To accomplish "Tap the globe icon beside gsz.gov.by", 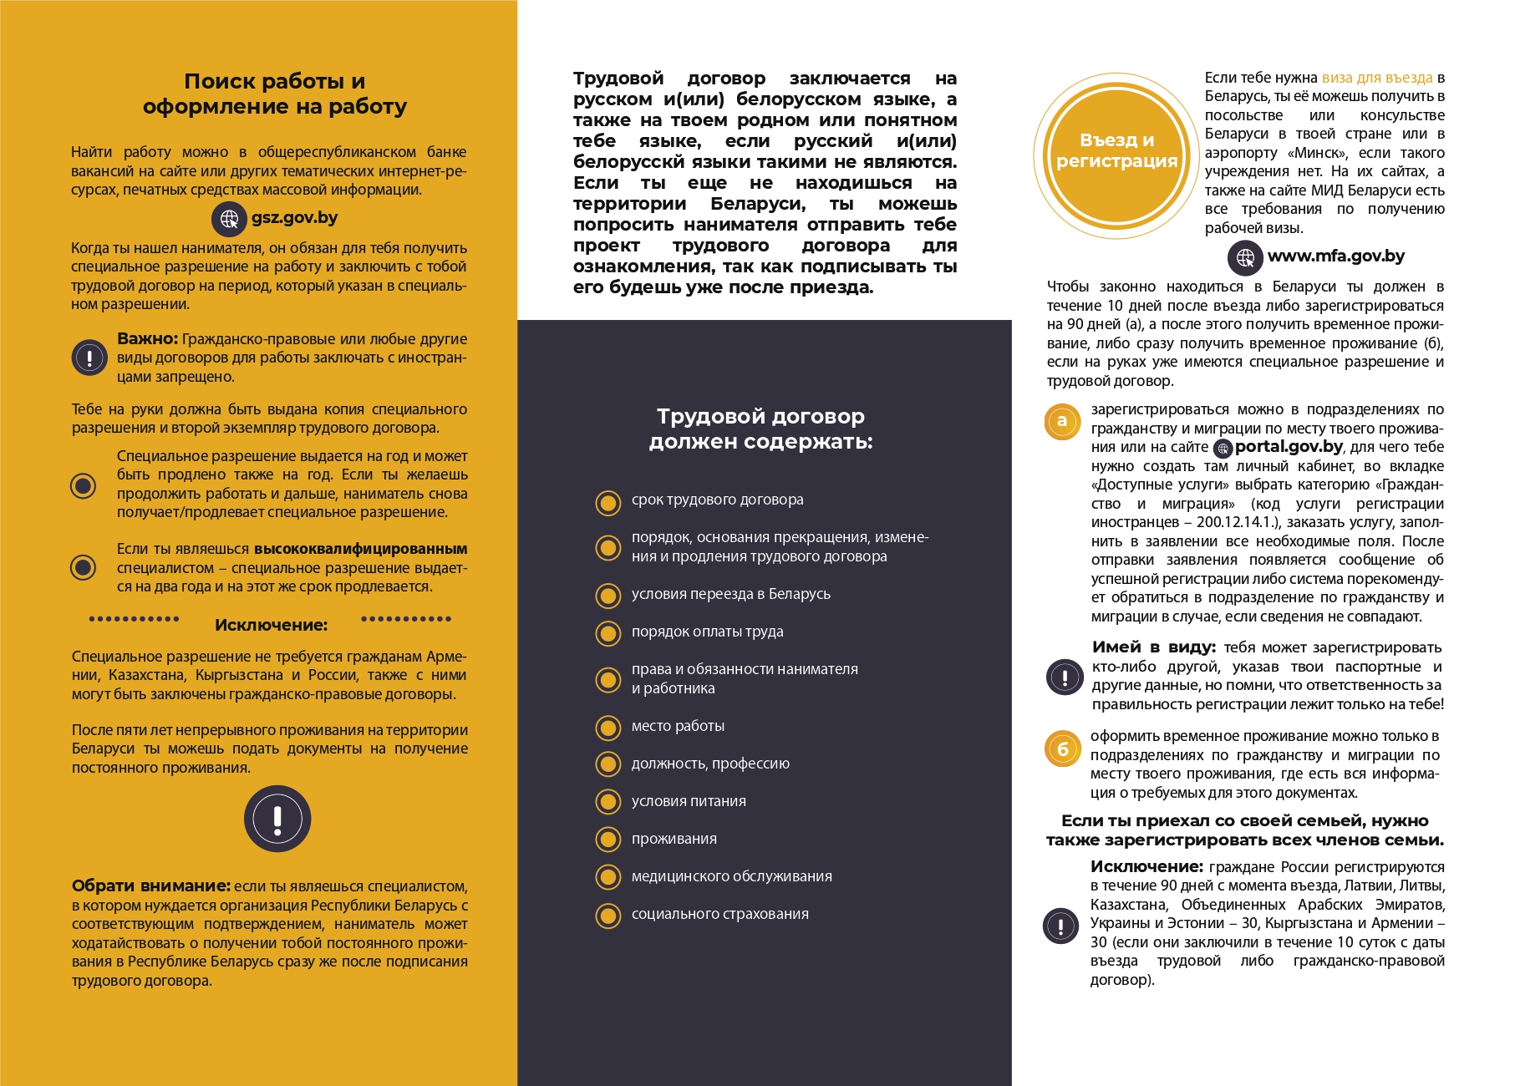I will click(x=228, y=219).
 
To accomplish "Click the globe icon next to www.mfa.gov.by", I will click(x=1245, y=257).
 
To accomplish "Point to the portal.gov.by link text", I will click(x=1289, y=447).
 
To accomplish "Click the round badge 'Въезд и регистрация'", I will click(x=1116, y=151).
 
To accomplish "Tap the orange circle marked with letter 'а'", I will click(x=1062, y=421).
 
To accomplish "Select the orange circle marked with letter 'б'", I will click(x=1062, y=749).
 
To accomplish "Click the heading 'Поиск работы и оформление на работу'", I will click(x=275, y=94).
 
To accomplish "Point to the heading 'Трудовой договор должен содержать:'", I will click(x=760, y=429).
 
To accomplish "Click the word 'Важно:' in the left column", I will click(x=147, y=339).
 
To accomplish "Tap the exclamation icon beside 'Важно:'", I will click(x=89, y=358).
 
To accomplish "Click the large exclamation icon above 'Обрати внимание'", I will click(x=277, y=819).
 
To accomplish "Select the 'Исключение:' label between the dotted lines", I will click(x=271, y=625).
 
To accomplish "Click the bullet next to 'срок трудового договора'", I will click(x=608, y=503).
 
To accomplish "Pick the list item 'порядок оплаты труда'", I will click(x=707, y=632).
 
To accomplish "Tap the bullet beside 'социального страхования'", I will click(x=608, y=916).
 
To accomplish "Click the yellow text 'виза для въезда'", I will click(x=1376, y=78).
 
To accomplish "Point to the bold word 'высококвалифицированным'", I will click(x=360, y=549).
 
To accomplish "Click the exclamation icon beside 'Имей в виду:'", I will click(x=1065, y=677).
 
